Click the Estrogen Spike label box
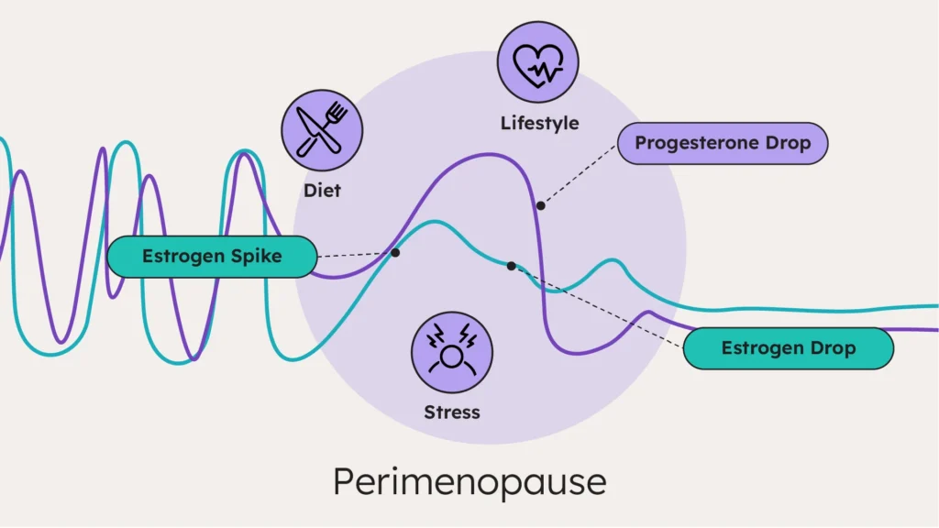(212, 257)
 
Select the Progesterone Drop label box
(723, 144)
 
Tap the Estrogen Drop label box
(788, 348)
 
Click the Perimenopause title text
(469, 481)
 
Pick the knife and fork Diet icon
(322, 130)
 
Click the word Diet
(322, 192)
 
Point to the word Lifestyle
(539, 123)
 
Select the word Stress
(452, 412)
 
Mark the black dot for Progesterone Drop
(541, 205)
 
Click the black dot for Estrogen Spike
(395, 252)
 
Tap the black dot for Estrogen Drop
(511, 266)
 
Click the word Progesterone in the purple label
(699, 144)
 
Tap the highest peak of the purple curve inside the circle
(491, 154)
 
